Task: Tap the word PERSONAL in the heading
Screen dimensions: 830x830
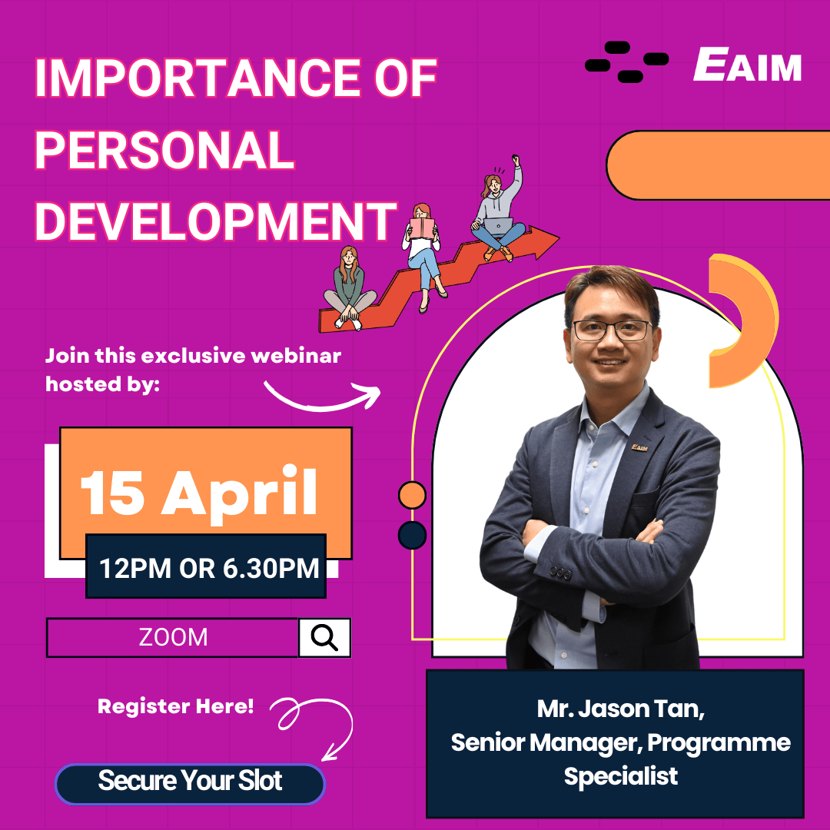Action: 165,151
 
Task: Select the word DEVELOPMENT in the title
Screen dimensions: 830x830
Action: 216,220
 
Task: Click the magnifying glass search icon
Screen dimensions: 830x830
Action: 324,637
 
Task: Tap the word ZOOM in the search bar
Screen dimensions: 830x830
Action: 173,637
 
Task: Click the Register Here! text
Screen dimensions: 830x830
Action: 175,705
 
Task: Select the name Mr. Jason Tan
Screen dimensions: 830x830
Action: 620,708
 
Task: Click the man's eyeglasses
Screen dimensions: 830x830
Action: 612,330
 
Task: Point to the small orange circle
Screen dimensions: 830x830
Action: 412,495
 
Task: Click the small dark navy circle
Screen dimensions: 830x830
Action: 412,535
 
